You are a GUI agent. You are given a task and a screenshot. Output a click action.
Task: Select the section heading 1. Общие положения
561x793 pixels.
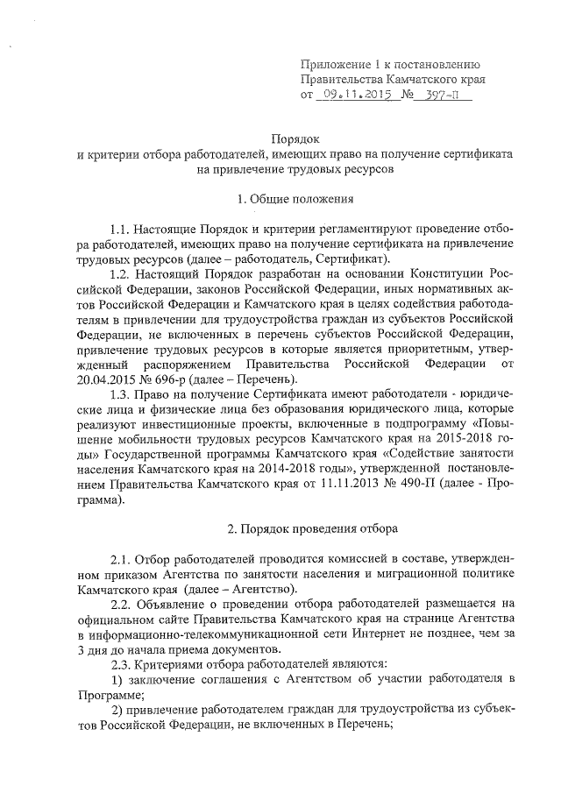click(x=282, y=200)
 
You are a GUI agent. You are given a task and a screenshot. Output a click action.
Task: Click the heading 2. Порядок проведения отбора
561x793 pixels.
click(x=312, y=528)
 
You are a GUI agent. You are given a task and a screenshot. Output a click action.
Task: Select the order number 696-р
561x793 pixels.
click(x=188, y=378)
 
